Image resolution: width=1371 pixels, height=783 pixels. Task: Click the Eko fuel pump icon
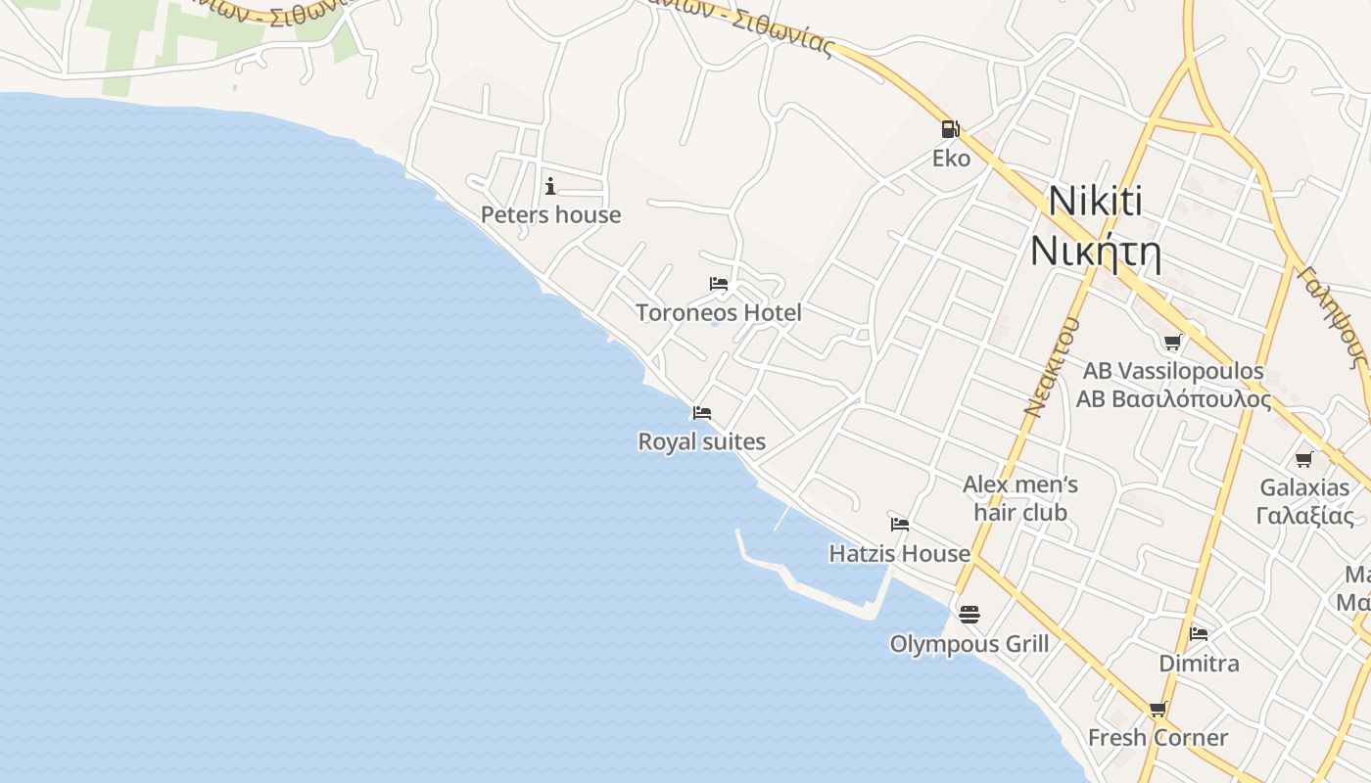click(x=950, y=128)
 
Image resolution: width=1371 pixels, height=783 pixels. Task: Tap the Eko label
click(x=951, y=158)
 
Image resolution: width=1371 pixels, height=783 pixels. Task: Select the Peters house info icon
click(x=550, y=186)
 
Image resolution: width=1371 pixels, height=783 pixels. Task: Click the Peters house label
click(x=550, y=214)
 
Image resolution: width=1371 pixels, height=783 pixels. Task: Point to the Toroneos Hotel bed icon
click(x=719, y=285)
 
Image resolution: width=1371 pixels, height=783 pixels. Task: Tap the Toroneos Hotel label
click(x=719, y=312)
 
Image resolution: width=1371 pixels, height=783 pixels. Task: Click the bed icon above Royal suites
click(x=701, y=413)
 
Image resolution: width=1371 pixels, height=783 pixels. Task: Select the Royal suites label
click(x=701, y=441)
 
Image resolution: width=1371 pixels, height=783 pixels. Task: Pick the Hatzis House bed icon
click(x=899, y=525)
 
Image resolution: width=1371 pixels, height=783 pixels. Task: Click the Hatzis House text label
click(x=899, y=553)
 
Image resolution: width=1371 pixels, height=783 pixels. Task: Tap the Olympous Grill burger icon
click(x=969, y=615)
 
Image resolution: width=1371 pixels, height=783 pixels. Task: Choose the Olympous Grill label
click(x=969, y=643)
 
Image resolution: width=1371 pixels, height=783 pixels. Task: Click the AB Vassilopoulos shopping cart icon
click(x=1172, y=343)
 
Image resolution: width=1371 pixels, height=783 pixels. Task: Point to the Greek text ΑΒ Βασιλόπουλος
click(x=1173, y=399)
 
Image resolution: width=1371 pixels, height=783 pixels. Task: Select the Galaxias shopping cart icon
click(x=1303, y=459)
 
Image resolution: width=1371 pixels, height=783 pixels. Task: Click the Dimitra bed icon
click(x=1199, y=634)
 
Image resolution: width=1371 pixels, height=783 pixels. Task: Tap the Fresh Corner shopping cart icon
click(x=1158, y=710)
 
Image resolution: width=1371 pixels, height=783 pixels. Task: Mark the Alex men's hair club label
click(x=1019, y=498)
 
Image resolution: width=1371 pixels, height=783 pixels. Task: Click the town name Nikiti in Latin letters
click(x=1095, y=202)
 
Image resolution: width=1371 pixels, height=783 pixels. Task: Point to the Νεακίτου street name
click(x=1052, y=367)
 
